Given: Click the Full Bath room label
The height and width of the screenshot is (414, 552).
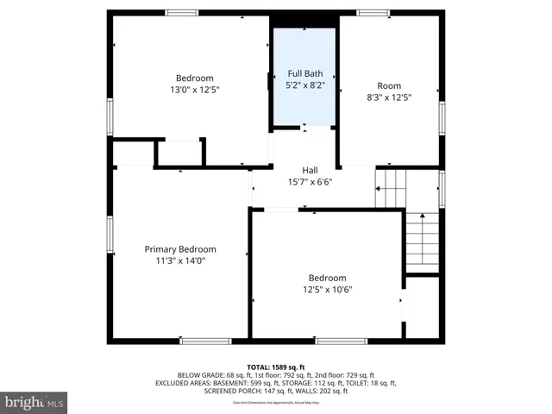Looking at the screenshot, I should pyautogui.click(x=305, y=74).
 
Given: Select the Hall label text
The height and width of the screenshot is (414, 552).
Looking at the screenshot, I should pyautogui.click(x=310, y=170).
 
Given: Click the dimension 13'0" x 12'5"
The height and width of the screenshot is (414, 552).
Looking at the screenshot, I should pyautogui.click(x=194, y=89).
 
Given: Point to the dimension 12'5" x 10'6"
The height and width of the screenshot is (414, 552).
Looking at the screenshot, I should pyautogui.click(x=327, y=290).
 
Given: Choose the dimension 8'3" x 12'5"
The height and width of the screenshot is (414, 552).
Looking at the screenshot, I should pyautogui.click(x=389, y=97).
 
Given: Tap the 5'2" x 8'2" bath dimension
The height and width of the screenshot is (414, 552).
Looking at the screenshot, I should pyautogui.click(x=305, y=85).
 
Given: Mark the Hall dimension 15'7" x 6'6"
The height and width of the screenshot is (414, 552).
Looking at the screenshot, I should pyautogui.click(x=310, y=182).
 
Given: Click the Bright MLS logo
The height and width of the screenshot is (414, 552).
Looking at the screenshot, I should pyautogui.click(x=34, y=402).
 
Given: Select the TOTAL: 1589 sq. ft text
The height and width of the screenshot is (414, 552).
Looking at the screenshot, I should pyautogui.click(x=275, y=367).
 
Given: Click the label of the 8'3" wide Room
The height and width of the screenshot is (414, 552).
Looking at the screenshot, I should pyautogui.click(x=389, y=85).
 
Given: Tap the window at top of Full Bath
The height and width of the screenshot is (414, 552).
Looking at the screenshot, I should pyautogui.click(x=305, y=28).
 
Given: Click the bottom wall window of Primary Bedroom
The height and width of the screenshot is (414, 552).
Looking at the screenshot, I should pyautogui.click(x=205, y=342).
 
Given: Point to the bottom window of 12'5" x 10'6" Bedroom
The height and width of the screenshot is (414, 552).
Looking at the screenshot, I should pyautogui.click(x=342, y=342).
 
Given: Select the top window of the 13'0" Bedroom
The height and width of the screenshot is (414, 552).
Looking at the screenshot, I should pyautogui.click(x=181, y=13).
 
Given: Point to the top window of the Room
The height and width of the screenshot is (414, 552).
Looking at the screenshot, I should pyautogui.click(x=373, y=13).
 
